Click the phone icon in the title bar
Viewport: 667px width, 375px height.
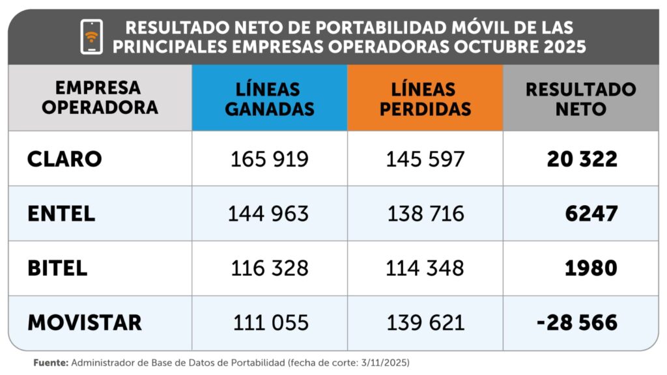[91, 36]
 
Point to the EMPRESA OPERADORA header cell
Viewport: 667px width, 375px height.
[100, 98]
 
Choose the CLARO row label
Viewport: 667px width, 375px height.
[64, 159]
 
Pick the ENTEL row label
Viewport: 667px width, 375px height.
[61, 214]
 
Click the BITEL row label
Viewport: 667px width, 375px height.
[57, 268]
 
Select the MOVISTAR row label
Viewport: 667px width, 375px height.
[85, 323]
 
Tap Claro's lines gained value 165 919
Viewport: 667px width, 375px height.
[269, 160]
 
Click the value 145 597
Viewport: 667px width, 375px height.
[425, 160]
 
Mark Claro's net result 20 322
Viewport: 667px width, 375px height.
[582, 159]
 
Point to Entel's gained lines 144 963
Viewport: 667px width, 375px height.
[268, 214]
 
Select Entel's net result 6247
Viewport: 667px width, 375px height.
[591, 214]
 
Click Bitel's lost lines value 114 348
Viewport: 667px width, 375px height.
[425, 268]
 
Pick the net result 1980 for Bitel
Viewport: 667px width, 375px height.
[591, 268]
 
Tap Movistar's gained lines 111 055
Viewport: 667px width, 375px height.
[270, 323]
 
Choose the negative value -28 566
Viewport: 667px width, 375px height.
[577, 323]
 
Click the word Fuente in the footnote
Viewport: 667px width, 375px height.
[51, 363]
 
